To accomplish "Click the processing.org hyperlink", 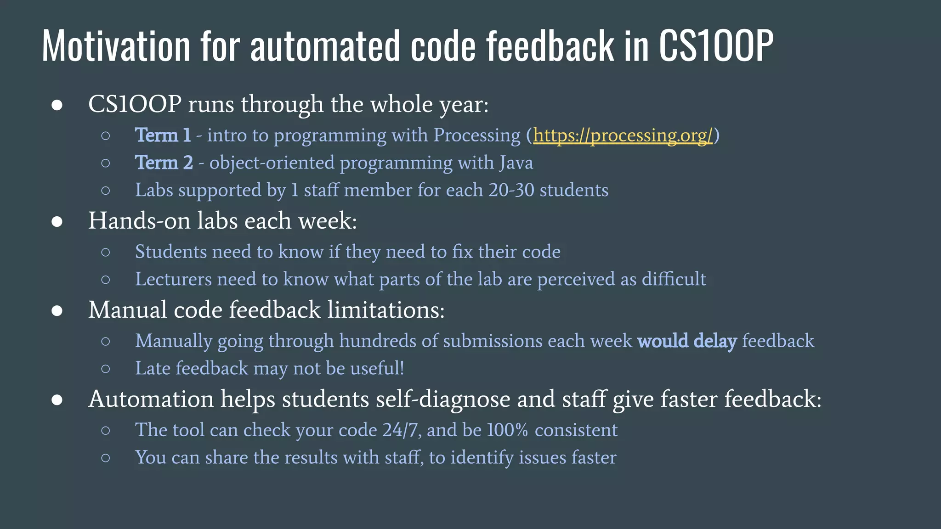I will (x=623, y=135).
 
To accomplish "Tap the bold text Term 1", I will (x=163, y=135).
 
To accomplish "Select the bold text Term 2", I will (x=164, y=163).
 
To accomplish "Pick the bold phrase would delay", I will (x=687, y=341).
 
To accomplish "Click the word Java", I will (x=516, y=163).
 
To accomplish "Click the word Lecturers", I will (x=173, y=279).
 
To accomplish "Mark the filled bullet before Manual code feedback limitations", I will (x=57, y=311).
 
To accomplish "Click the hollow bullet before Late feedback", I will (x=106, y=369).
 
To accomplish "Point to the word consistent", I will (x=576, y=430).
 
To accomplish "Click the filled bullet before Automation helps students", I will (x=57, y=400).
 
